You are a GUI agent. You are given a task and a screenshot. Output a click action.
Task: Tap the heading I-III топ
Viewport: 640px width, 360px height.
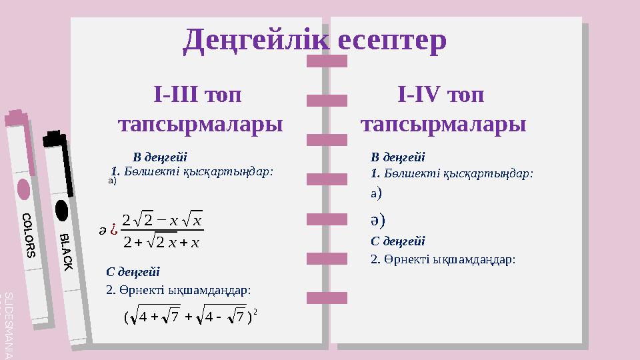[x=197, y=95]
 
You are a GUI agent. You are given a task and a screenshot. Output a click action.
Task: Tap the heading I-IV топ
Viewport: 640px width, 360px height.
[x=441, y=95]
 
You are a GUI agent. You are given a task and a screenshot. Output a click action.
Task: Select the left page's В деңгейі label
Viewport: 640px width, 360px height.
[x=160, y=157]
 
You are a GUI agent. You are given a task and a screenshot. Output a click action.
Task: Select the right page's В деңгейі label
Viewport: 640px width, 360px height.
[x=398, y=157]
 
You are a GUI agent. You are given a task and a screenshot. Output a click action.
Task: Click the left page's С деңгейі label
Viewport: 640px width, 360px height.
[x=133, y=271]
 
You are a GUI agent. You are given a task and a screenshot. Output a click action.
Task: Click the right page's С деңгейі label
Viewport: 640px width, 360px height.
[x=398, y=241]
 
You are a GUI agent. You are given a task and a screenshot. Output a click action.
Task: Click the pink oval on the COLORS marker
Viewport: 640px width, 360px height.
[x=23, y=189]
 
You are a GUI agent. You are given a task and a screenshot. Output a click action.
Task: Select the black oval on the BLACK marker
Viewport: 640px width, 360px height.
[x=61, y=209]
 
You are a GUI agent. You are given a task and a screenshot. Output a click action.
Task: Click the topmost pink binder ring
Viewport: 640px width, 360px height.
[x=327, y=61]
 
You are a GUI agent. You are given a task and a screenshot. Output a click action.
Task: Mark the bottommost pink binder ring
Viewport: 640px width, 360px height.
[x=327, y=297]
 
